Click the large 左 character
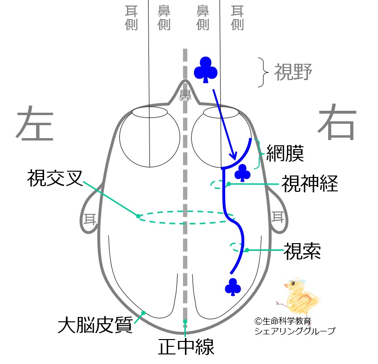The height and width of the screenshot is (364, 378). (34, 123)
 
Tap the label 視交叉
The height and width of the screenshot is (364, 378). (54, 178)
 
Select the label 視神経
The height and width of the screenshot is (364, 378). (309, 183)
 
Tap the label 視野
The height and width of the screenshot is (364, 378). (293, 72)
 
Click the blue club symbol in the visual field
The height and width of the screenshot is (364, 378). (206, 70)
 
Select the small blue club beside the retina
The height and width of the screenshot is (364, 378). (243, 174)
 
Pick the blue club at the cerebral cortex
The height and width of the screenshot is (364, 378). (233, 287)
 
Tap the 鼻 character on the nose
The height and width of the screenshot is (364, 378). (184, 95)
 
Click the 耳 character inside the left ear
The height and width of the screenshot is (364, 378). (90, 219)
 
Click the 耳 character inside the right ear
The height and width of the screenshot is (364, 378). (278, 217)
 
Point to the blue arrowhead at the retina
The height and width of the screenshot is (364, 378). (232, 156)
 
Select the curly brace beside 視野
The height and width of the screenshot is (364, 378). (262, 72)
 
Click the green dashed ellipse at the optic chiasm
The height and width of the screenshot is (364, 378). (184, 217)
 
